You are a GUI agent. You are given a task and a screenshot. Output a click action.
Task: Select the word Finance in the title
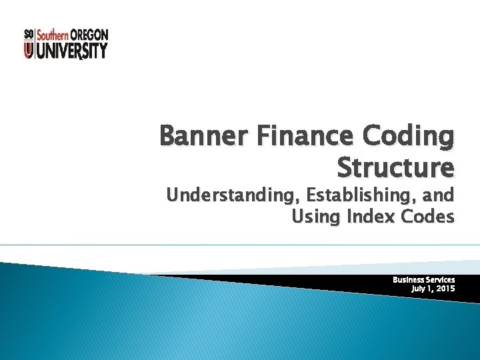295,137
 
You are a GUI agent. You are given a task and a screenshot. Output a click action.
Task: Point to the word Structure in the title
396,167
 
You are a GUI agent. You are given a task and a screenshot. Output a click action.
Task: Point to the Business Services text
423,280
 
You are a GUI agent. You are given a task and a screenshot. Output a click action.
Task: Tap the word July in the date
419,289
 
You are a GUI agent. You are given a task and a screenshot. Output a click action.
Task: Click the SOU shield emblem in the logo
29,44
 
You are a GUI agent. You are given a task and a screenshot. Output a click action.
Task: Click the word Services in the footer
439,280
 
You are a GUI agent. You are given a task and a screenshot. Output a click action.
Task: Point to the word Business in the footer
407,280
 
